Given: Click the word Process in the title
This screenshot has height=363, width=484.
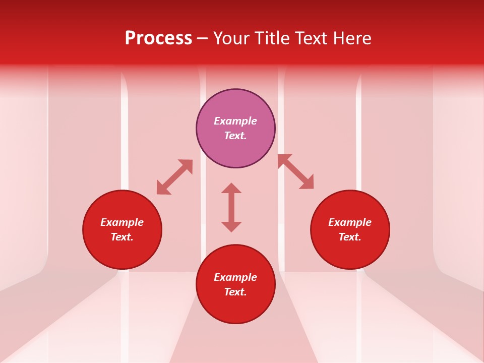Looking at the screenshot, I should coord(158,38).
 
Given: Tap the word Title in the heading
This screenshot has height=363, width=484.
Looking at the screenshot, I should coord(274,38).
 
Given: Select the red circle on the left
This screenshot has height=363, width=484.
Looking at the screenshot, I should coord(122,252).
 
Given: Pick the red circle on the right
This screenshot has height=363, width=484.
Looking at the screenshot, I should coord(350,252).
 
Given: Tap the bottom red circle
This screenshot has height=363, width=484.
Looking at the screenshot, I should coord(235,308).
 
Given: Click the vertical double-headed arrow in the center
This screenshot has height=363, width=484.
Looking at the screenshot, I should coord(231,207).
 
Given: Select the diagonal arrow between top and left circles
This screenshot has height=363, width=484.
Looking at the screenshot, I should coord(174,177).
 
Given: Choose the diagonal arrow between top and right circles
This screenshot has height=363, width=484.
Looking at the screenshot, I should coord(295,171).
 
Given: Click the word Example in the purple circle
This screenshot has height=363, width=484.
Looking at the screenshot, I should coord(235,121).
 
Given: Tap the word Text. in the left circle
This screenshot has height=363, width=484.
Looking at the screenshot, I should coord(122,237).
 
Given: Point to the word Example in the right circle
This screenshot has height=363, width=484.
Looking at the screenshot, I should coord(350,222).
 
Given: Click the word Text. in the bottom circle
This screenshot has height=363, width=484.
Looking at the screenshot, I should coord(235,292).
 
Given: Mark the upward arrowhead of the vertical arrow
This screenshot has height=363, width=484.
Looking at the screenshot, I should coord(231,188).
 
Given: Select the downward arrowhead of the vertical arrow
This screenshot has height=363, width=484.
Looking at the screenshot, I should coord(231,226).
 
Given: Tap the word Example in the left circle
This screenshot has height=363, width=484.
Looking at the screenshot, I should coord(122,222).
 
